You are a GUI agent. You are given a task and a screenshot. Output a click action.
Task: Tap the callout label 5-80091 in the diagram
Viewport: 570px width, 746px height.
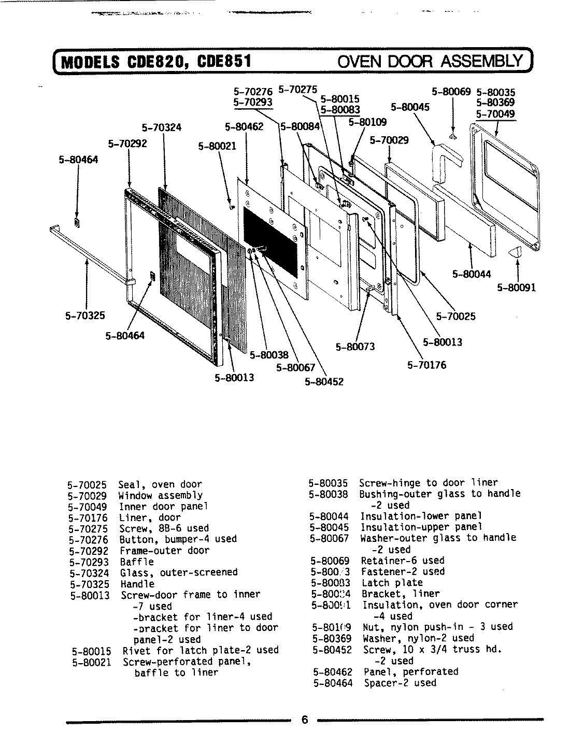click(517, 288)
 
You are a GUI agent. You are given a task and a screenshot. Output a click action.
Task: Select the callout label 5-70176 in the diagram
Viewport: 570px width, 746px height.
click(426, 365)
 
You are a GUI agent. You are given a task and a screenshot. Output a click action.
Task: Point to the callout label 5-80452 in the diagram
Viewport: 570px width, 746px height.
click(324, 382)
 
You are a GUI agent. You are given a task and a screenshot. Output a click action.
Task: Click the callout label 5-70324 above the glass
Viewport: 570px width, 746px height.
click(161, 127)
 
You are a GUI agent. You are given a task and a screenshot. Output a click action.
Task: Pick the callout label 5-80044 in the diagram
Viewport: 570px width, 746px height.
click(472, 274)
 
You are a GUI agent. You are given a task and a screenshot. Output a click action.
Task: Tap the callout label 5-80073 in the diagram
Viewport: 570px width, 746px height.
click(355, 347)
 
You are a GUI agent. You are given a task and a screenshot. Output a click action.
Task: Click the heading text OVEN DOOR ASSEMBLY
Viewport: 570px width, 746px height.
click(430, 62)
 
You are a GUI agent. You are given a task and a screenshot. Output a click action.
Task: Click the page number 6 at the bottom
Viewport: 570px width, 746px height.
click(305, 720)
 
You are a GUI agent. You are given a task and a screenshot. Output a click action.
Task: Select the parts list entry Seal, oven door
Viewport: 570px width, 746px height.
click(160, 485)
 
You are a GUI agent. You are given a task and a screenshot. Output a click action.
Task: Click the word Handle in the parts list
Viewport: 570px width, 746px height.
click(137, 584)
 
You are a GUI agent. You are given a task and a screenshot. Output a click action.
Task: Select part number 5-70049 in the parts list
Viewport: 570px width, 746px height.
click(87, 507)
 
